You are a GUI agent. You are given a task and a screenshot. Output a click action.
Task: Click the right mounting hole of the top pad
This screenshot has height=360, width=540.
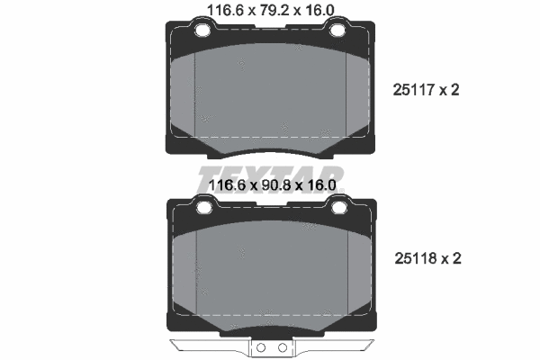click(338, 33)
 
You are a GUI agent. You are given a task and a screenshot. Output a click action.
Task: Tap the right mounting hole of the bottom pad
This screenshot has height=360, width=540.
click(338, 209)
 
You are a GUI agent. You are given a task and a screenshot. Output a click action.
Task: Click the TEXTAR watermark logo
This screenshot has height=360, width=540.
click(270, 174)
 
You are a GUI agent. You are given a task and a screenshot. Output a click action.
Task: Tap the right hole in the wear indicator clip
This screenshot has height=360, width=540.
click(280, 347)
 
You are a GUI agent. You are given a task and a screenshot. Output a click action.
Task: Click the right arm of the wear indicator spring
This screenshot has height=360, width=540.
click(333, 346)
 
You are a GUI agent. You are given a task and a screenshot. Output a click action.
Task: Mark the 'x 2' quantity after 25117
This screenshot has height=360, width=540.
click(450, 90)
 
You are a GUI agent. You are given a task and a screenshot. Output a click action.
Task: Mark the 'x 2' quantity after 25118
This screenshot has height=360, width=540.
click(450, 258)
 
